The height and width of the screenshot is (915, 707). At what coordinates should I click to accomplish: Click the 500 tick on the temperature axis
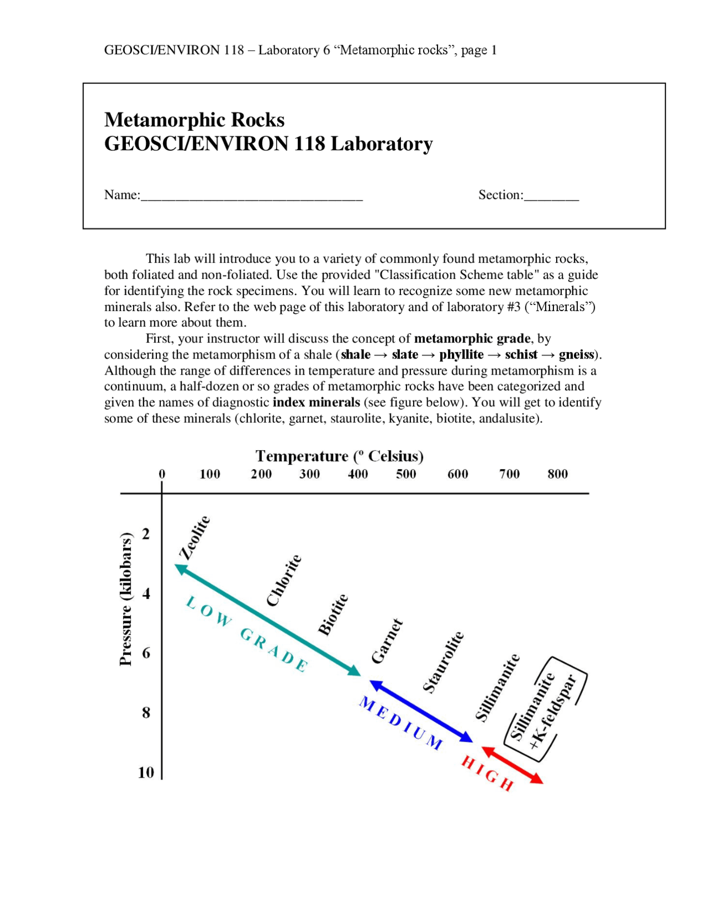tap(405, 474)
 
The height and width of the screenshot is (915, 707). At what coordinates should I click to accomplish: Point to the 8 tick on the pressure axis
tap(146, 712)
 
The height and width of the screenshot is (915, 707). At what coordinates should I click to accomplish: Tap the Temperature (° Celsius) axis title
tap(339, 456)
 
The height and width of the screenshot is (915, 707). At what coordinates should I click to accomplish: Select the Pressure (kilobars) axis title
tap(126, 599)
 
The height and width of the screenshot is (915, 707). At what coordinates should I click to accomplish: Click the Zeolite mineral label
tap(195, 538)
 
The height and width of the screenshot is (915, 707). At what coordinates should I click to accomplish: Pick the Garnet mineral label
tap(387, 641)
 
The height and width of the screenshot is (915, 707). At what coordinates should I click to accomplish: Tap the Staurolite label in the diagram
tap(443, 661)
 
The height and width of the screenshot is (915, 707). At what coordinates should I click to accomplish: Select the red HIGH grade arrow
tap(512, 765)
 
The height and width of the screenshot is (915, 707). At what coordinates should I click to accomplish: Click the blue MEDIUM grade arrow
tap(421, 711)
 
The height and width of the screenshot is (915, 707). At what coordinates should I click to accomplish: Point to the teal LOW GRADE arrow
tap(267, 619)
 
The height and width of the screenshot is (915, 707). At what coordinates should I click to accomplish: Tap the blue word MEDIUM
tap(401, 723)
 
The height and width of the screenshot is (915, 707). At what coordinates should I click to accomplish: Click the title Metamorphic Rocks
tap(194, 120)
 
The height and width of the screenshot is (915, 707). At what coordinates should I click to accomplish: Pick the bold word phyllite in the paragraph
tap(461, 355)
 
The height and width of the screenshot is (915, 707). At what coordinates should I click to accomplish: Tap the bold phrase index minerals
tap(316, 402)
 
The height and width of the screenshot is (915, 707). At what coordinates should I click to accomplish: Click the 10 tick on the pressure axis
tap(146, 772)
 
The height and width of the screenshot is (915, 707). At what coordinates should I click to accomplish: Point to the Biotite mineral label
tap(333, 614)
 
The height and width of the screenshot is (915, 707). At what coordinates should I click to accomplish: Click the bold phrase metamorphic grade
tap(472, 339)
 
